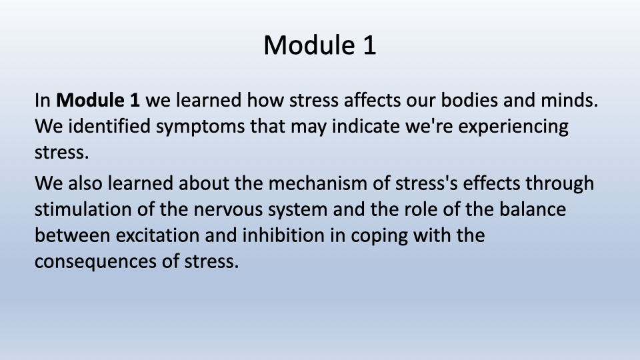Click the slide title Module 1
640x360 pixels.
pos(319,45)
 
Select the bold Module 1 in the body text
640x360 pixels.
pos(97,100)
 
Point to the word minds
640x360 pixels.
pos(569,100)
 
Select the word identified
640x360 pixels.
pos(109,126)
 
